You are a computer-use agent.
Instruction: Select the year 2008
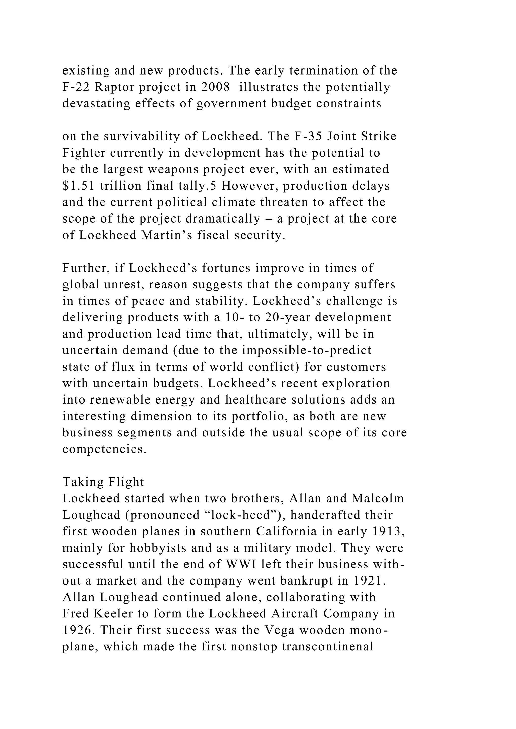point(215,87)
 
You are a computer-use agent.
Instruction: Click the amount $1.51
point(78,186)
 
